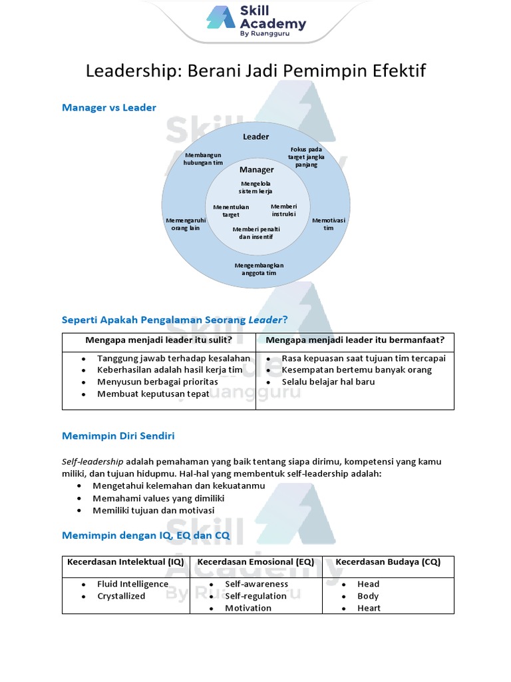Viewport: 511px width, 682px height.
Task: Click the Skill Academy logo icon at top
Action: click(220, 18)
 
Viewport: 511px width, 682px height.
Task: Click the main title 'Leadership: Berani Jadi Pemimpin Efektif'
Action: click(255, 71)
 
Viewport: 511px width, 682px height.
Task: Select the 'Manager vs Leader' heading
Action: click(109, 107)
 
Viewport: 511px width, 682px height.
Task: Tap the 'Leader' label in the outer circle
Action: click(255, 137)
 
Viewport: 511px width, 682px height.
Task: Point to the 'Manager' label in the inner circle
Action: click(256, 170)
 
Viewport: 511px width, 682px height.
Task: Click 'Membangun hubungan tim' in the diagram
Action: click(203, 159)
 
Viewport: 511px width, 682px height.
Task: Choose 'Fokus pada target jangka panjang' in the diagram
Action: click(306, 157)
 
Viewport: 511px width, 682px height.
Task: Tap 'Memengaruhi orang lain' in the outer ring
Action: click(185, 224)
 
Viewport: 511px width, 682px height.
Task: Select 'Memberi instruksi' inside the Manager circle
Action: click(284, 210)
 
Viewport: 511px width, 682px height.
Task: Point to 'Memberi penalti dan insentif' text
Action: click(256, 233)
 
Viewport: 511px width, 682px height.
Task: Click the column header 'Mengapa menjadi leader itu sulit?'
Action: click(158, 340)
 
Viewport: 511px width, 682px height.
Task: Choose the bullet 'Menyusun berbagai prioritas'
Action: click(158, 382)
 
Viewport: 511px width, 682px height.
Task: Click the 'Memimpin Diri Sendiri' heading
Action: click(118, 436)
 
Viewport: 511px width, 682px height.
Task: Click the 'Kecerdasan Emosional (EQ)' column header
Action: click(256, 562)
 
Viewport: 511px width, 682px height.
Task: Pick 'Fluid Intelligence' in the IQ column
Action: click(133, 584)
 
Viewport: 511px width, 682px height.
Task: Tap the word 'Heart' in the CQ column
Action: click(369, 608)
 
